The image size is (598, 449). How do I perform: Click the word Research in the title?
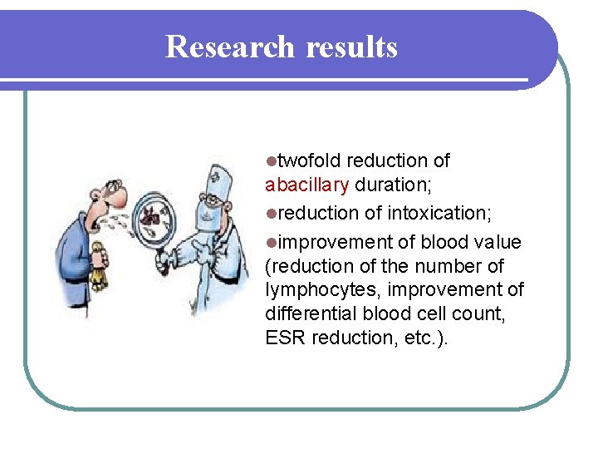tap(230, 47)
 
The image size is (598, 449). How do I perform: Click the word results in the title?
tap(351, 47)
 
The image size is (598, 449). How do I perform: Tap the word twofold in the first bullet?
tap(310, 160)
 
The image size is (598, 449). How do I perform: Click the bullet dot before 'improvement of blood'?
tap(270, 243)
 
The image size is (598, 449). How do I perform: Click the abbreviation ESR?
tap(282, 338)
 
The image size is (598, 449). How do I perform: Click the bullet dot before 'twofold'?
tap(270, 160)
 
